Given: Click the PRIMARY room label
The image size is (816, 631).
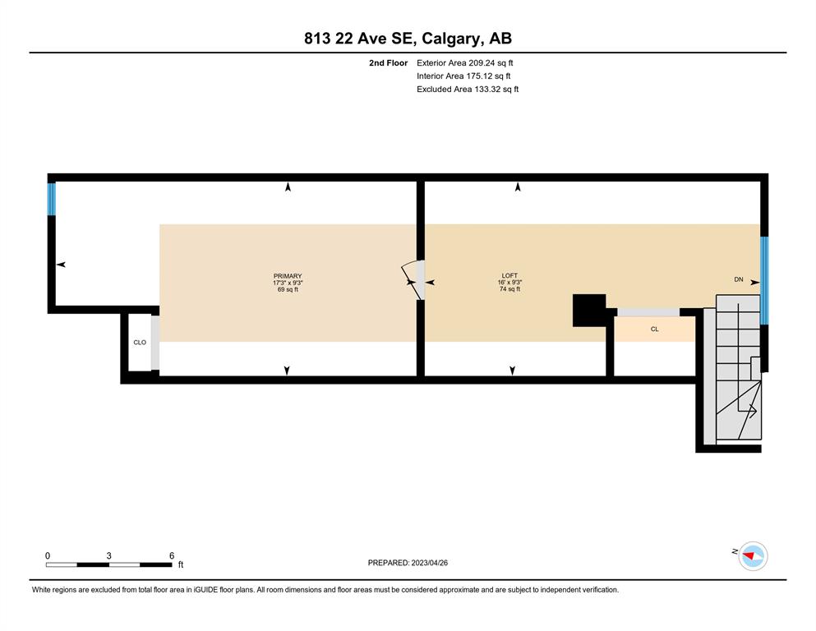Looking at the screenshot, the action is click(x=288, y=276).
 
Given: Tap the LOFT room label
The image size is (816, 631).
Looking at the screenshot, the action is click(x=509, y=276).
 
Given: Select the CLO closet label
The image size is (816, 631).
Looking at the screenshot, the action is click(x=140, y=343).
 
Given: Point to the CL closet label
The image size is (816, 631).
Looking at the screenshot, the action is click(x=655, y=329).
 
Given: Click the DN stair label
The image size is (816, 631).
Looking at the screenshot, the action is click(x=739, y=279).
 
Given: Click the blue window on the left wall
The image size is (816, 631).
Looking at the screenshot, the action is click(x=52, y=199).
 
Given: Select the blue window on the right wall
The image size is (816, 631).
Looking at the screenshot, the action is click(x=764, y=280).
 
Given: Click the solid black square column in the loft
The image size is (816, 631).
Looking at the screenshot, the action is click(x=589, y=310).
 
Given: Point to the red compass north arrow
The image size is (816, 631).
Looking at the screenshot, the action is click(x=749, y=557).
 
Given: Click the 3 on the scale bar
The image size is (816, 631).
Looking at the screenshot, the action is click(x=108, y=555).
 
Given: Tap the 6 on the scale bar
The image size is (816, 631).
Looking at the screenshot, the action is click(x=172, y=555).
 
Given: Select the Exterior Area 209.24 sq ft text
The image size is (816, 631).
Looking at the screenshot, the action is click(x=465, y=63).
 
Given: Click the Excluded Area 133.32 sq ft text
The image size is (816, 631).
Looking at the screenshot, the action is click(x=468, y=89).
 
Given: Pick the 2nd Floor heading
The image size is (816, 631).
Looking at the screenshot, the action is click(x=388, y=63).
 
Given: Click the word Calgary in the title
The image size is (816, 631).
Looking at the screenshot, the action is click(x=450, y=39).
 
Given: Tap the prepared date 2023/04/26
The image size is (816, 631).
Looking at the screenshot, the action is click(x=429, y=563).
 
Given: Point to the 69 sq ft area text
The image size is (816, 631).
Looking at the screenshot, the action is click(x=288, y=289).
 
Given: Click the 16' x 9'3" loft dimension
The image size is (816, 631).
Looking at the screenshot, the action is click(x=509, y=283).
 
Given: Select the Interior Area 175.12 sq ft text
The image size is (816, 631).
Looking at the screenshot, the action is click(x=463, y=76).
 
